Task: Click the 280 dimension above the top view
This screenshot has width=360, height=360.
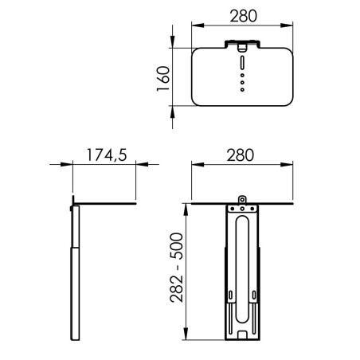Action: pyautogui.click(x=243, y=16)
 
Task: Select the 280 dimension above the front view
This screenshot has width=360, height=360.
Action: pyautogui.click(x=241, y=155)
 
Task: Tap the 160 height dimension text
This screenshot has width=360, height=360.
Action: pyautogui.click(x=163, y=79)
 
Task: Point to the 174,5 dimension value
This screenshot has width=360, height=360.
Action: pyautogui.click(x=107, y=155)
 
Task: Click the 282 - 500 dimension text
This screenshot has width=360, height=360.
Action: pyautogui.click(x=177, y=268)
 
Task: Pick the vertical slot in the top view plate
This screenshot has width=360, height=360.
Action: pyautogui.click(x=242, y=63)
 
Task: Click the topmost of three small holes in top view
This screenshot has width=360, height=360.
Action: pyautogui.click(x=242, y=76)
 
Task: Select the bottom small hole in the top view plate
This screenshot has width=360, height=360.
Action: pyautogui.click(x=242, y=90)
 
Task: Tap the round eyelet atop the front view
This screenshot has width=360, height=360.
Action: pyautogui.click(x=242, y=199)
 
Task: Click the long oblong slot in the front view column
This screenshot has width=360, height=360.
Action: pyautogui.click(x=242, y=269)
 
